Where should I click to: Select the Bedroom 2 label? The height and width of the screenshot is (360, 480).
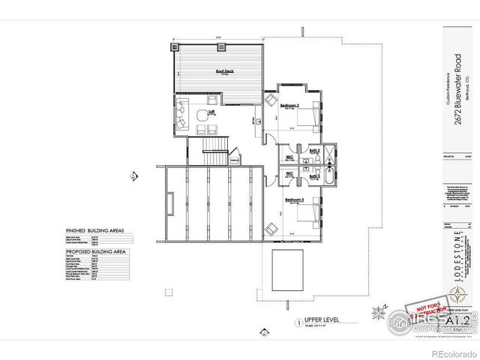(x=289, y=106)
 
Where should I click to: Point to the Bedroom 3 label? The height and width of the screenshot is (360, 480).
(x=292, y=199)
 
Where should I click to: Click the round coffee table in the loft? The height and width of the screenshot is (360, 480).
(x=201, y=115)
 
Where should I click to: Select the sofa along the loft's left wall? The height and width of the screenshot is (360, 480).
(x=181, y=116)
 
